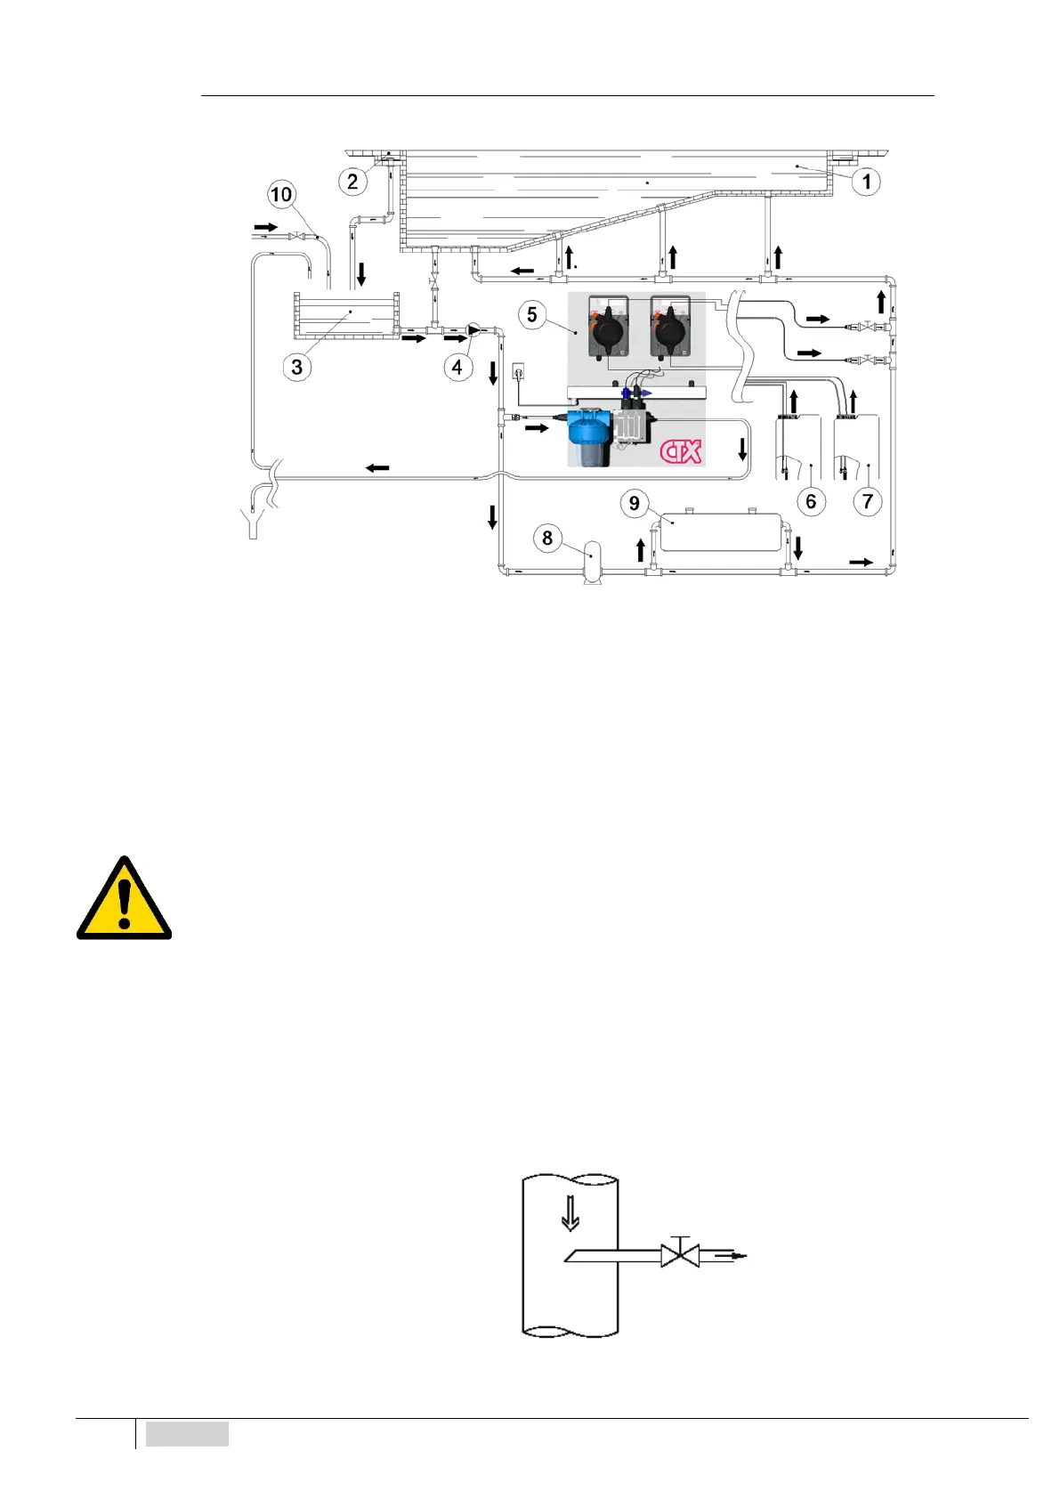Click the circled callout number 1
click(x=866, y=182)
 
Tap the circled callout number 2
click(x=352, y=182)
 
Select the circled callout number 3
click(x=297, y=367)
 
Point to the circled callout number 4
click(x=457, y=367)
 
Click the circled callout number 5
click(x=532, y=314)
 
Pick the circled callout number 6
click(x=811, y=501)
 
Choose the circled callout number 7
click(x=868, y=501)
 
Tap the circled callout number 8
click(x=547, y=538)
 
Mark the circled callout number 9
click(x=635, y=503)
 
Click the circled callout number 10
click(x=281, y=195)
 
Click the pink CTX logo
click(x=681, y=451)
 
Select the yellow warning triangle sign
click(x=124, y=899)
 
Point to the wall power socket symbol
click(x=519, y=369)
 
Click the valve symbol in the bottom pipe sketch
click(x=680, y=1256)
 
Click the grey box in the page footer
click(x=187, y=1434)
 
